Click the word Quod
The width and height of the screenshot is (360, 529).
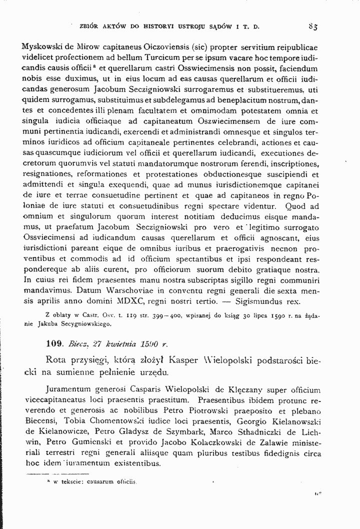[x=294, y=206]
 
